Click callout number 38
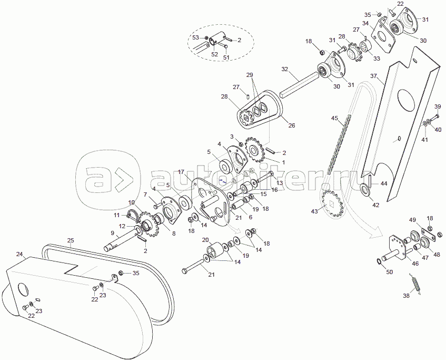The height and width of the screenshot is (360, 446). [406, 296]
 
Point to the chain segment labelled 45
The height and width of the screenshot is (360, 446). [338, 145]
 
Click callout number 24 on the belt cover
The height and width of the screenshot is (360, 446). [19, 254]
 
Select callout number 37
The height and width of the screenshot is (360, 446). [373, 76]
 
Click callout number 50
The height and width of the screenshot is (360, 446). [389, 272]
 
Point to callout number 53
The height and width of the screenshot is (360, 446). [195, 37]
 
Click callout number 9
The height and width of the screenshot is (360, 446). [112, 232]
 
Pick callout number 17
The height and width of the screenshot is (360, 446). [181, 172]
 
